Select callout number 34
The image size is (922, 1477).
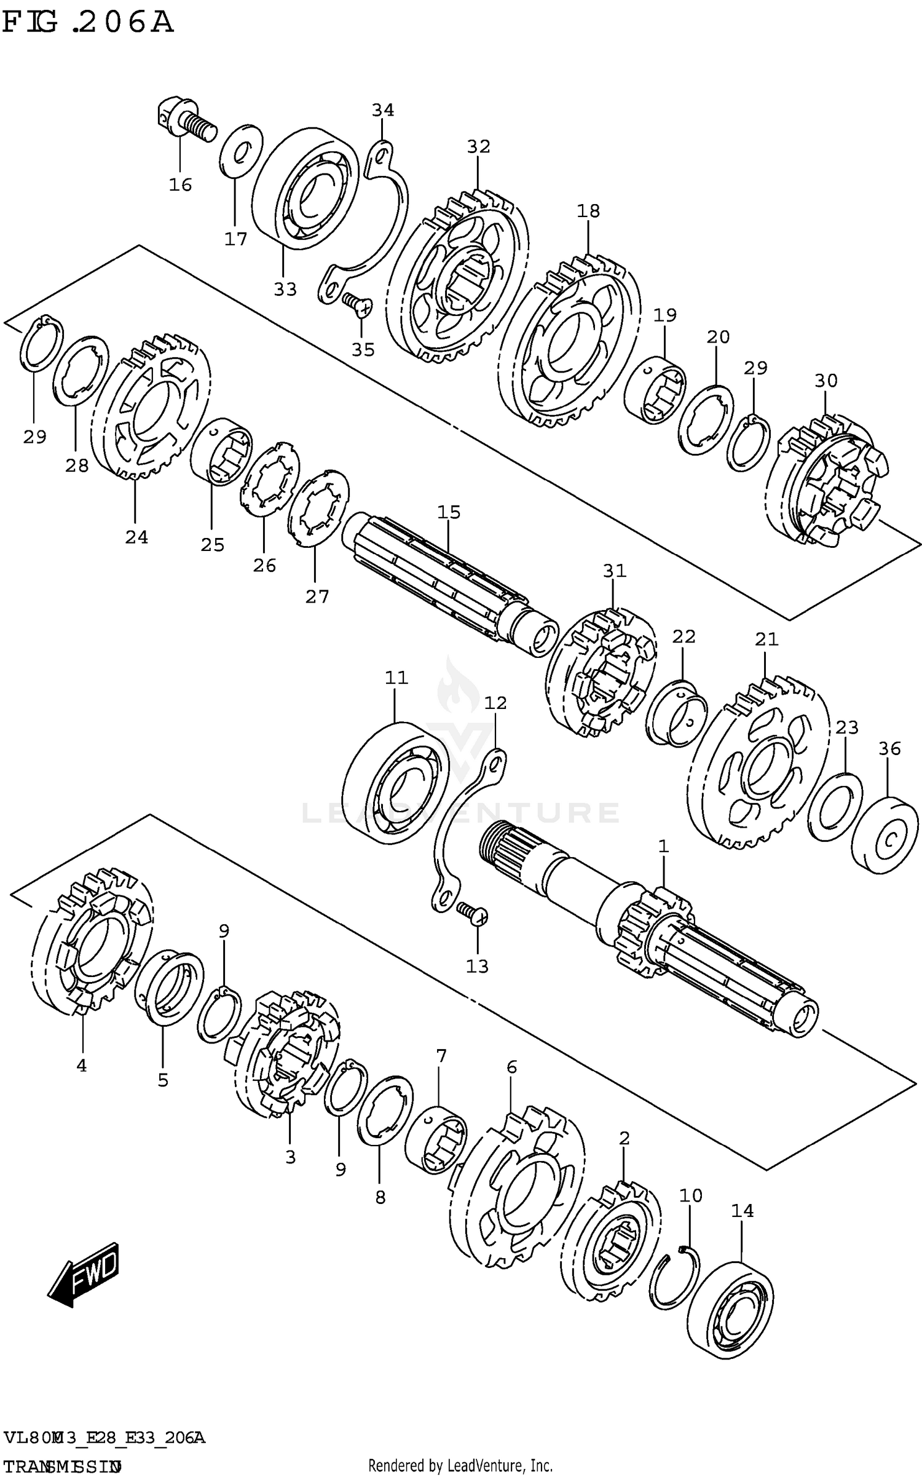point(382,110)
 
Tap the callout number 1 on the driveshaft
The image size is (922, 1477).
point(663,847)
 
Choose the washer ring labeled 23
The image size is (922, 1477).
point(835,806)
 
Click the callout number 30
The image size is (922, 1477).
point(825,381)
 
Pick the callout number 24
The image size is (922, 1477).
point(136,537)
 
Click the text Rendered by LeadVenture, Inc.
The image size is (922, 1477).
point(460,1465)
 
